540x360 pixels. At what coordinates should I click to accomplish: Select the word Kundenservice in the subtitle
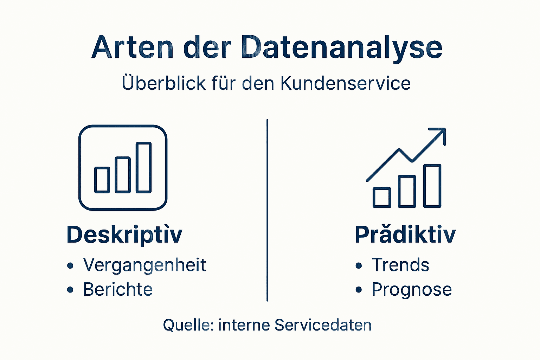coord(346,84)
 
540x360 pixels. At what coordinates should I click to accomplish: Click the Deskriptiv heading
coord(124,234)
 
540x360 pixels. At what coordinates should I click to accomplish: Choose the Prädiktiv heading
coord(405,234)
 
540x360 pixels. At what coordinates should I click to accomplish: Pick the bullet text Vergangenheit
coord(144,265)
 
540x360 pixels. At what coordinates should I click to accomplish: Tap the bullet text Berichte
coord(118,290)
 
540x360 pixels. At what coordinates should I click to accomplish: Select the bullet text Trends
coord(400,265)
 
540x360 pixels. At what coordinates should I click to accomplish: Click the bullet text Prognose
coord(412,290)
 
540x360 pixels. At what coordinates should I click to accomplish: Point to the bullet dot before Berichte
coord(70,290)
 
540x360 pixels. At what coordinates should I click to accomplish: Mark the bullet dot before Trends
coord(359,265)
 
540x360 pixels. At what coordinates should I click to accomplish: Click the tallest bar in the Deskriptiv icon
coord(143,167)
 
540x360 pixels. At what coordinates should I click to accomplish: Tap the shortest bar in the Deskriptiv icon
coord(102,180)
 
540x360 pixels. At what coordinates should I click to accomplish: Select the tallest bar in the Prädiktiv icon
coord(432,185)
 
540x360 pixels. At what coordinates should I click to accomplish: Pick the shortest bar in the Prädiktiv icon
coord(382,197)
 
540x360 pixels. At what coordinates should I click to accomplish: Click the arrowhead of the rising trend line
coord(441,133)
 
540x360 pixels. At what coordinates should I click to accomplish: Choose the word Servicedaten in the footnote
coord(323,325)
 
